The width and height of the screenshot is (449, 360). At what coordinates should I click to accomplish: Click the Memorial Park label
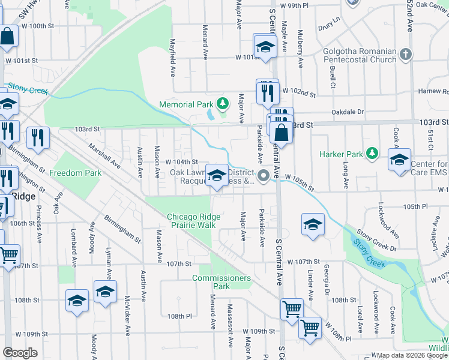[186, 104]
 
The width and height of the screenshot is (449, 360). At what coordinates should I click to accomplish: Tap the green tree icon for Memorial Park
[223, 104]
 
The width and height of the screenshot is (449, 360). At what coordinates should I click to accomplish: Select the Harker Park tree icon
[372, 154]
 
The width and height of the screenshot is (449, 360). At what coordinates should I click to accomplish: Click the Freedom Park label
[75, 173]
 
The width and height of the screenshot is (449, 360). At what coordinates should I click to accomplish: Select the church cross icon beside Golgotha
[406, 55]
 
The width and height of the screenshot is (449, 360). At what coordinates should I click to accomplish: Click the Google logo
[20, 353]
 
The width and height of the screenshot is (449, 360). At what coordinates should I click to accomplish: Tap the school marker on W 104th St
[217, 175]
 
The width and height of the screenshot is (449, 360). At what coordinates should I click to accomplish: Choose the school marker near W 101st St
[265, 47]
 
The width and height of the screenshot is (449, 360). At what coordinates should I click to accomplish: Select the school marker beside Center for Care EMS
[399, 160]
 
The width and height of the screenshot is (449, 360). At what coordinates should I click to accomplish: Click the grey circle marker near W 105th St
[264, 175]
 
